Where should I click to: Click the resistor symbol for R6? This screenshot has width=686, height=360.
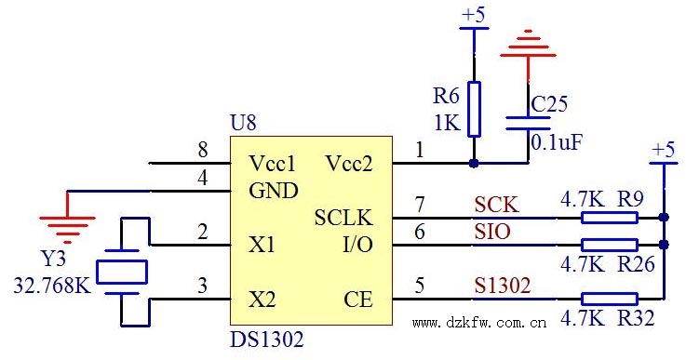coord(475,109)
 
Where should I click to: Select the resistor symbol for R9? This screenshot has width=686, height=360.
coord(609,218)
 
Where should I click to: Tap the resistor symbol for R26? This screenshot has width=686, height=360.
coord(609,245)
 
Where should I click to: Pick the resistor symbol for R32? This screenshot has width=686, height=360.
coord(609,299)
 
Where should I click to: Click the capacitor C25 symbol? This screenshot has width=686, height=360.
coord(528,123)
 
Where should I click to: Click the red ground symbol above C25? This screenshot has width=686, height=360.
coord(528,44)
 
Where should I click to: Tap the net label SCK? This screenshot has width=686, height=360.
coord(496,204)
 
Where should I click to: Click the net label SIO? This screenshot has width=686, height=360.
coord(492,232)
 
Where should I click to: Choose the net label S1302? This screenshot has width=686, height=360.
coord(503,286)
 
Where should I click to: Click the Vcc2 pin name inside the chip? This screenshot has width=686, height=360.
coord(349,164)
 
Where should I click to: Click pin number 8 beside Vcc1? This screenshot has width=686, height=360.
coord(202,151)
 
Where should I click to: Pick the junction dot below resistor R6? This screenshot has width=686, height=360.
coord(475,164)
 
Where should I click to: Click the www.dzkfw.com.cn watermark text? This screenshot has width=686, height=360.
coord(478,324)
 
